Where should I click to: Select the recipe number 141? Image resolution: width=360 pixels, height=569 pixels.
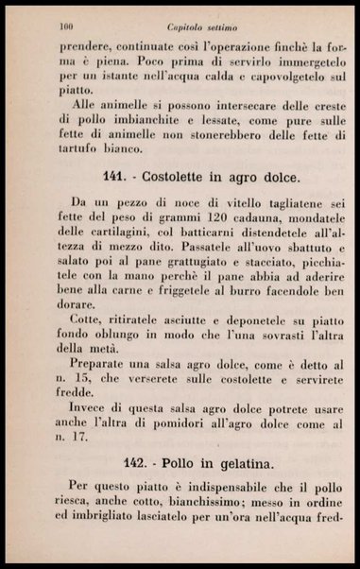pos(114,178)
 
